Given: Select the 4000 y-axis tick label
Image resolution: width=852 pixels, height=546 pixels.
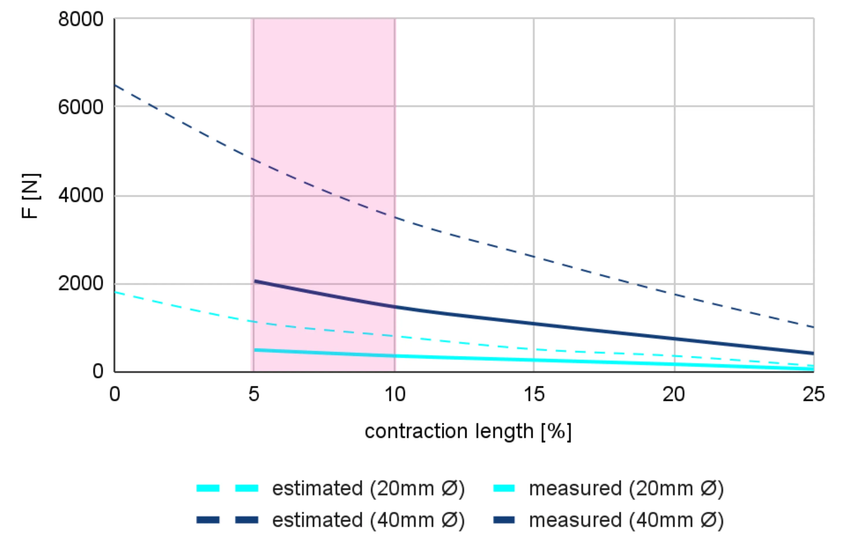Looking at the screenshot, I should [x=81, y=195].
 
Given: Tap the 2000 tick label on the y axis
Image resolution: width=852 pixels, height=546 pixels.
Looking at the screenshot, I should [x=81, y=283].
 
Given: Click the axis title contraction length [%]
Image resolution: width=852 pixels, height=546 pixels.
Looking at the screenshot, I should [x=468, y=432].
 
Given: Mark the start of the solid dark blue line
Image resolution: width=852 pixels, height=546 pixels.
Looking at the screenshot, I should [x=255, y=281].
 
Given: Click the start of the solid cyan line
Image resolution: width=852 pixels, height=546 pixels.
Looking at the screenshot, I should [x=255, y=350].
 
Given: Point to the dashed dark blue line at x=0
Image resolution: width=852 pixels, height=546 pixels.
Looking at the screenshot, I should [x=115, y=86].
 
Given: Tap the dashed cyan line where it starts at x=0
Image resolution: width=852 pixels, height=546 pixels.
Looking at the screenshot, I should [x=115, y=292].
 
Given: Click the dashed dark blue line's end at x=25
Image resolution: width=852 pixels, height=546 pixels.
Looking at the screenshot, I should [x=813, y=327].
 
